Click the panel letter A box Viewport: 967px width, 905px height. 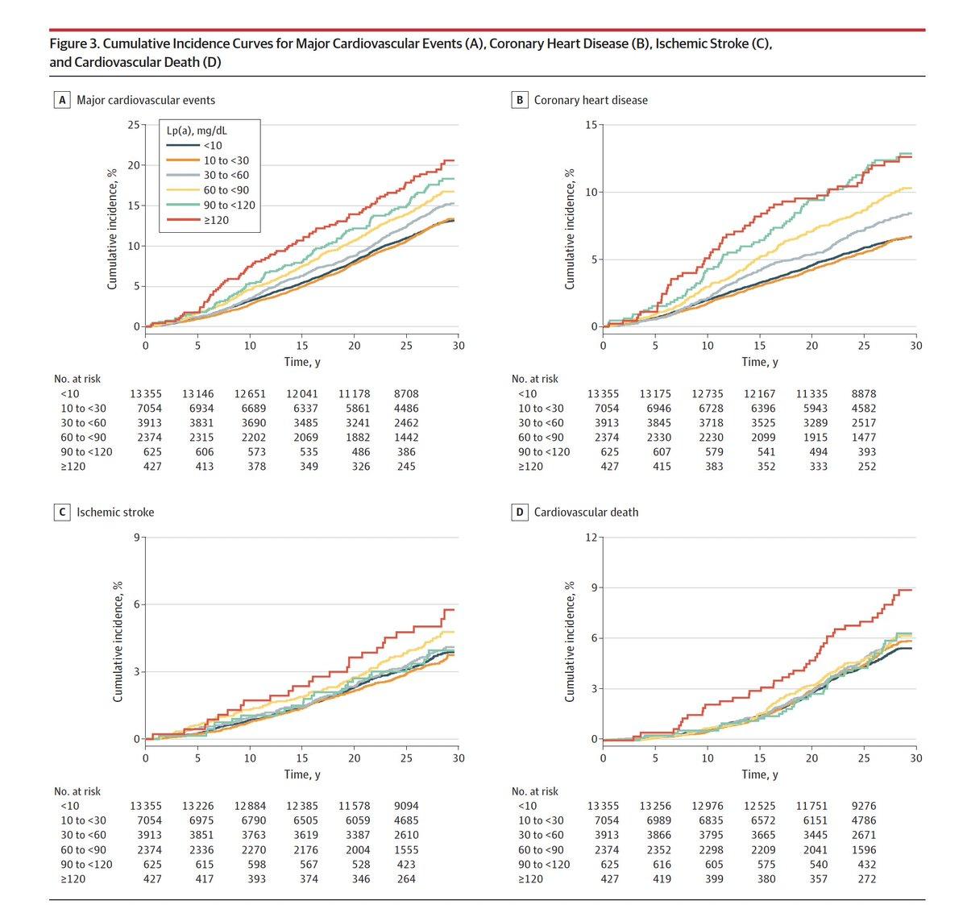pos(61,100)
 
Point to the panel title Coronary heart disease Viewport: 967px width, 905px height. pos(591,100)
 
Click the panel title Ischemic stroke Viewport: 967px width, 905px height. pos(115,512)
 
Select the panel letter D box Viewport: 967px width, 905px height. pos(519,512)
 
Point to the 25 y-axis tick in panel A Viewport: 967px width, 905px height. pos(133,125)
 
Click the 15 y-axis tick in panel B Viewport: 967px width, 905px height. pos(591,125)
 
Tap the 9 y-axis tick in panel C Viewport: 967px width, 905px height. pos(136,537)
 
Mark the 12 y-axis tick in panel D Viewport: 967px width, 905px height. pos(591,537)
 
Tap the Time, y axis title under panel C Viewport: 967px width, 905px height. pos(302,774)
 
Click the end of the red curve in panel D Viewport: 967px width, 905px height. pos(911,590)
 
